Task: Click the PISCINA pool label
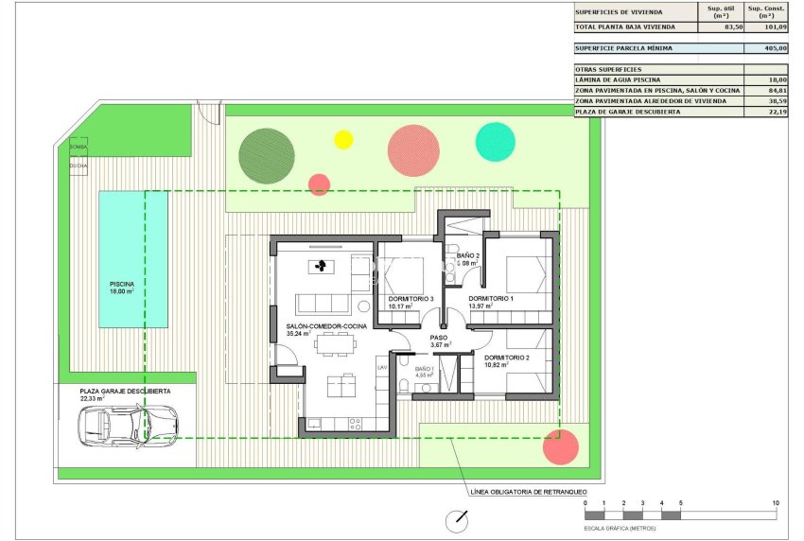point(121,284)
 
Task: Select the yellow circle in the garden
point(343,140)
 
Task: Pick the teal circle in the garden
point(495,141)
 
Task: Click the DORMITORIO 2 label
point(506,358)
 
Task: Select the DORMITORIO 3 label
point(411,300)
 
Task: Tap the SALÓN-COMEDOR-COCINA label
point(326,326)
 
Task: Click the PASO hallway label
point(438,337)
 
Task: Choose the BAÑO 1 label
point(423,369)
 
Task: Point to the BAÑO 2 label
point(469,256)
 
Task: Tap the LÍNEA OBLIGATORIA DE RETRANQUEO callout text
point(528,493)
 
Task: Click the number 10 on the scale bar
point(776,503)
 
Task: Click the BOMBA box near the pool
point(78,147)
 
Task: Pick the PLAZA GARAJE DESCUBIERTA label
point(126,391)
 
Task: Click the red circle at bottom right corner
point(562,446)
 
